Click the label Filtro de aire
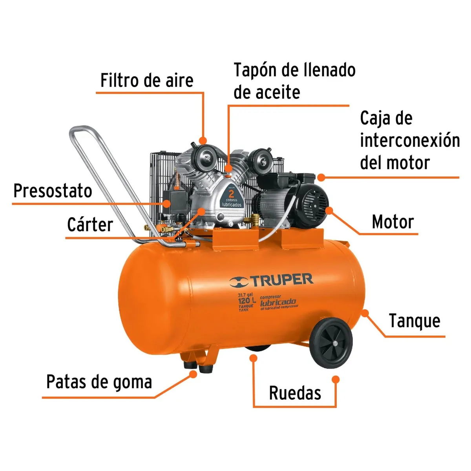[147, 80]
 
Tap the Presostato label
[53, 191]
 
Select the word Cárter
[90, 225]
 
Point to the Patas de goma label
[99, 382]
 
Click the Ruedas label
[295, 393]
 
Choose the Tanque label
[414, 321]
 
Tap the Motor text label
[392, 222]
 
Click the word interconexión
[410, 140]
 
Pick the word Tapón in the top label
[256, 70]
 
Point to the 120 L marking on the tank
[246, 301]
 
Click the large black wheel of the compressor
[331, 343]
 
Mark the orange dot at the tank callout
[365, 313]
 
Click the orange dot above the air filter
[203, 140]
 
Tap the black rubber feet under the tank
[198, 368]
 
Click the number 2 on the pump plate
[231, 193]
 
